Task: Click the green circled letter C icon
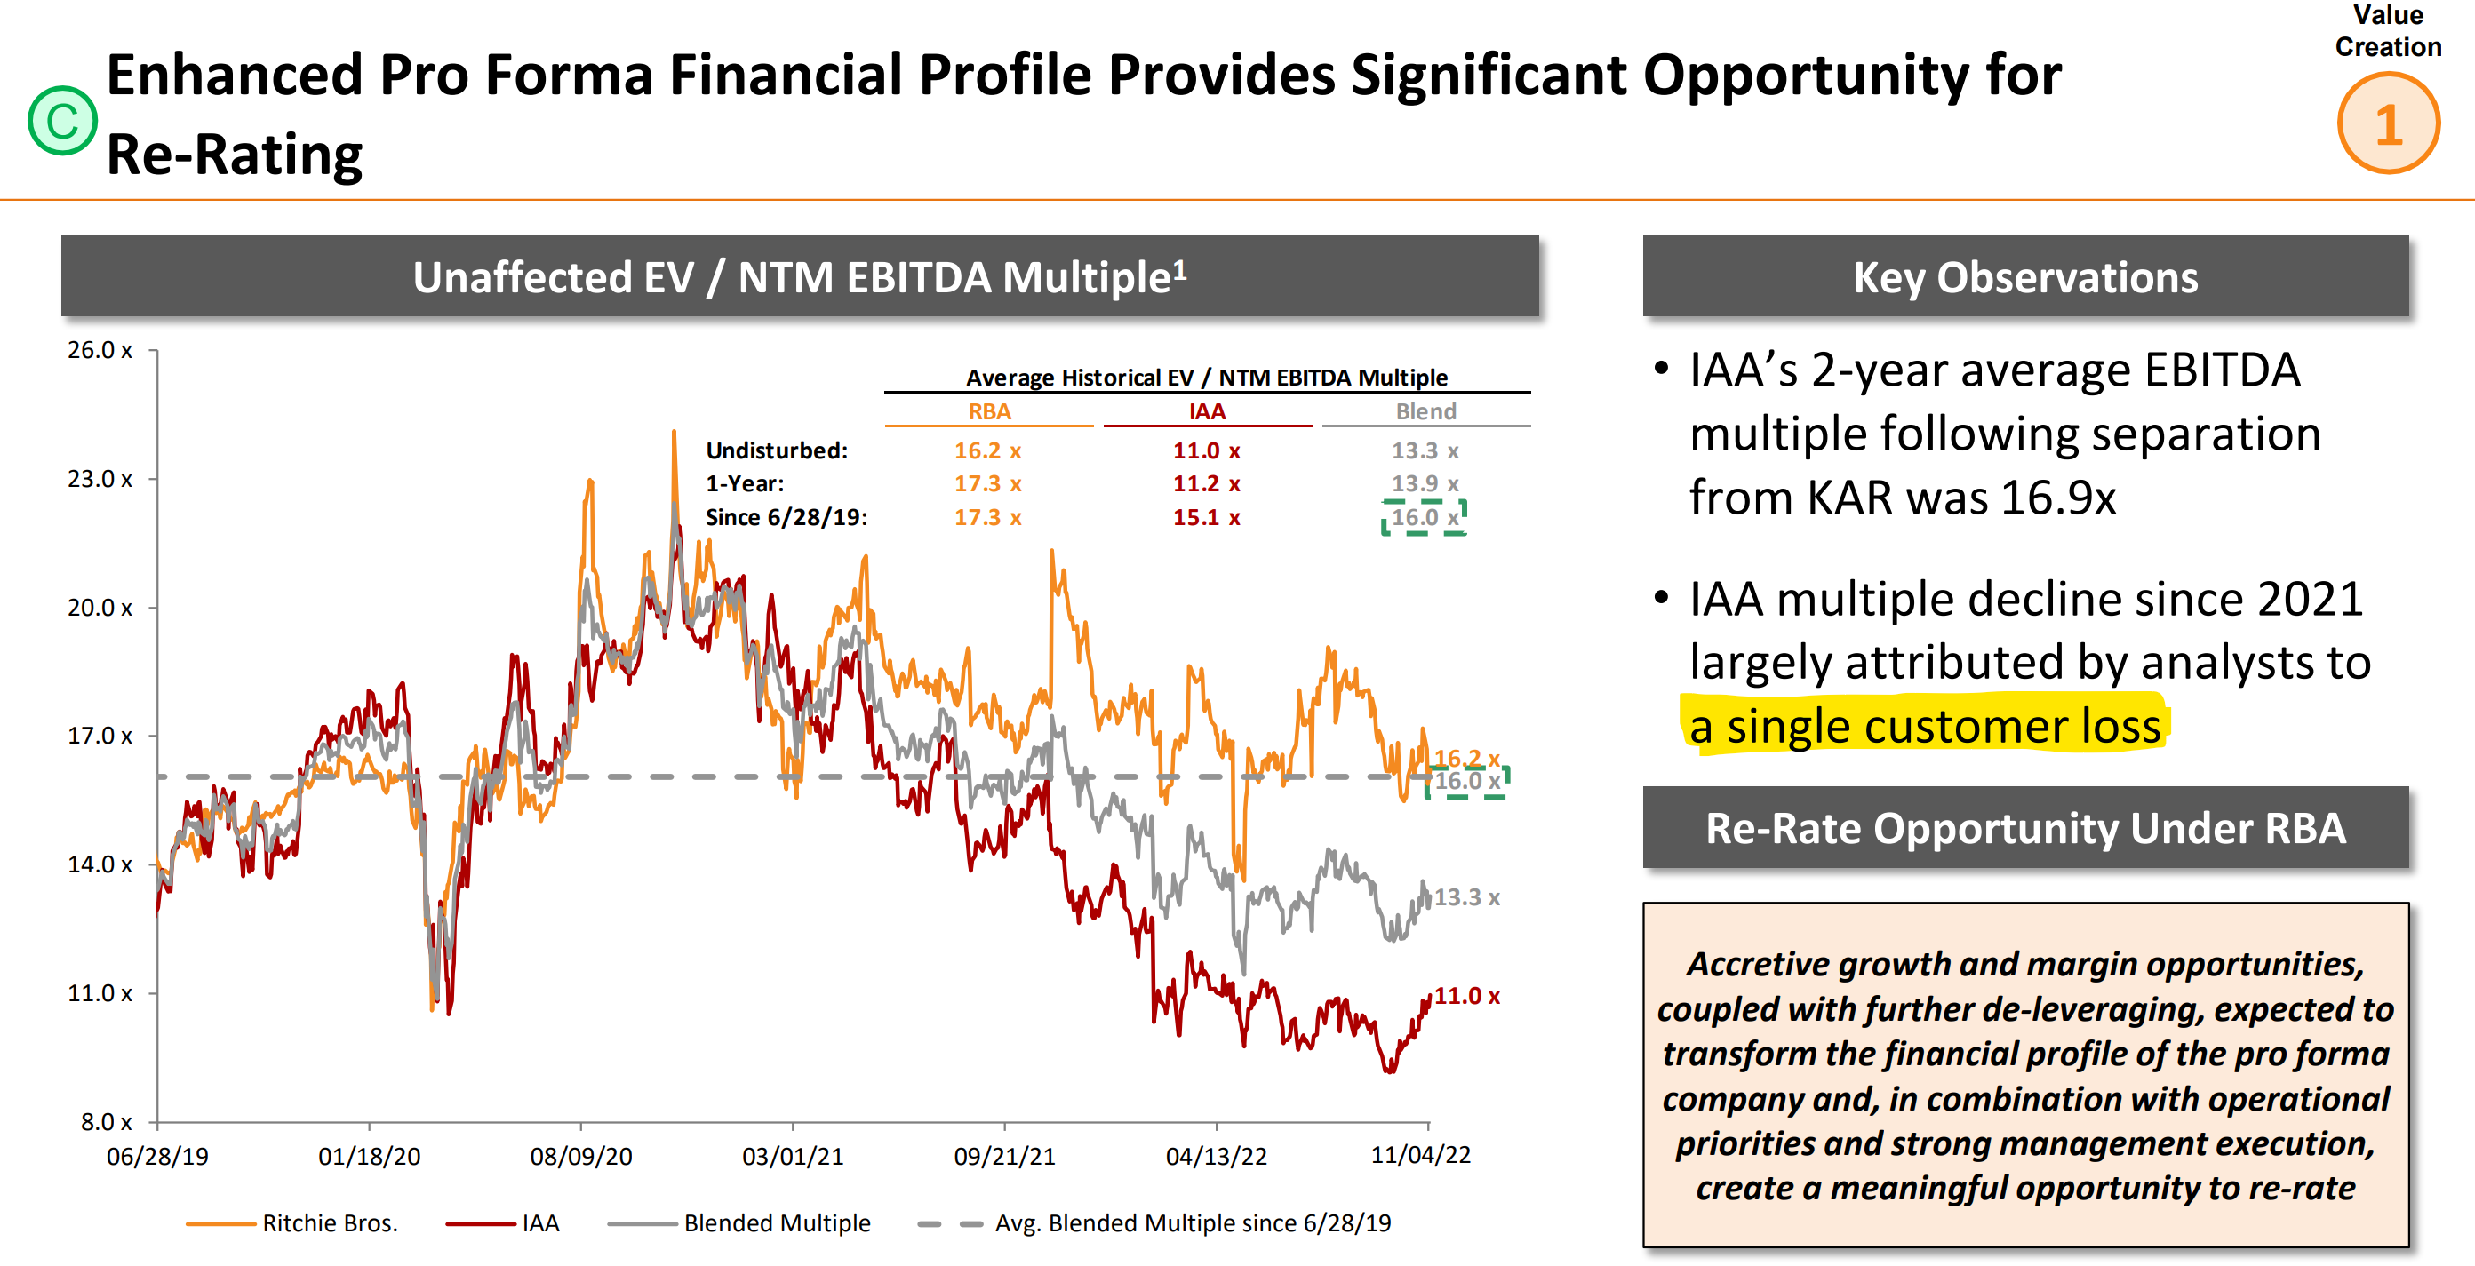click(62, 121)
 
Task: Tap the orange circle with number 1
click(2388, 123)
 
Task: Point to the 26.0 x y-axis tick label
click(99, 351)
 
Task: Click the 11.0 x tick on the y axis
click(99, 993)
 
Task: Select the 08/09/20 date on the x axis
click(580, 1156)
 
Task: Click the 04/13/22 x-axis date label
click(1216, 1156)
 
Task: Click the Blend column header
click(1425, 411)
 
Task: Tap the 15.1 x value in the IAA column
click(1206, 518)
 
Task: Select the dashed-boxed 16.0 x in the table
click(1424, 518)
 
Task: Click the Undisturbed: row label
click(777, 450)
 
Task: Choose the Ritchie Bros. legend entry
click(329, 1222)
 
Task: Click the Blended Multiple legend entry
click(777, 1222)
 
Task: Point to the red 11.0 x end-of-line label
click(1466, 996)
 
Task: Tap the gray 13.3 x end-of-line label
click(1466, 897)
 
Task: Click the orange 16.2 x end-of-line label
click(1466, 758)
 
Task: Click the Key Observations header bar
click(2024, 276)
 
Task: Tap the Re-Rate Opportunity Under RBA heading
click(2024, 828)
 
